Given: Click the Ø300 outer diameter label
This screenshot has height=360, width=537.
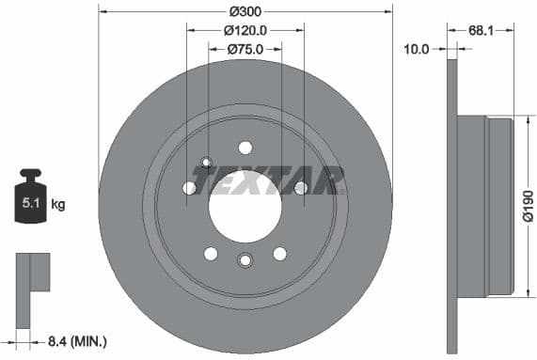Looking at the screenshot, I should point(245,11).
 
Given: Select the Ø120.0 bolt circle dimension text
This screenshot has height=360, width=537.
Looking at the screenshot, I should point(245,30).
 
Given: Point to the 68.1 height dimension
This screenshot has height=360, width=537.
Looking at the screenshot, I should point(481,30).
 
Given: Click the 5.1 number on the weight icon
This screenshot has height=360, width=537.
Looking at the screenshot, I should point(31,203).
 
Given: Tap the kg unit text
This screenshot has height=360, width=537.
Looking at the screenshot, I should point(57,203).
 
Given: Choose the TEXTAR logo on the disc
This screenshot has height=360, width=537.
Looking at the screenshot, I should point(267,178).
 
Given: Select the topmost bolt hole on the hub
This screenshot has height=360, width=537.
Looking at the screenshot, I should point(245,147).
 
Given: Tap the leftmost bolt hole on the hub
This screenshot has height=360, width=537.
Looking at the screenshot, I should point(189,188).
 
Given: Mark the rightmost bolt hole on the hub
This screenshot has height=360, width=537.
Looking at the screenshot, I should point(301,188).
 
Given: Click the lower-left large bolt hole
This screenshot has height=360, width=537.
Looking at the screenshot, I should point(211,254).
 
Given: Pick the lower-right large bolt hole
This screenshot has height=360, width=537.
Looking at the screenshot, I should point(279,254).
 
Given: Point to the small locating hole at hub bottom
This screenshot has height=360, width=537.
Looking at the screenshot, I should point(245,260).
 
